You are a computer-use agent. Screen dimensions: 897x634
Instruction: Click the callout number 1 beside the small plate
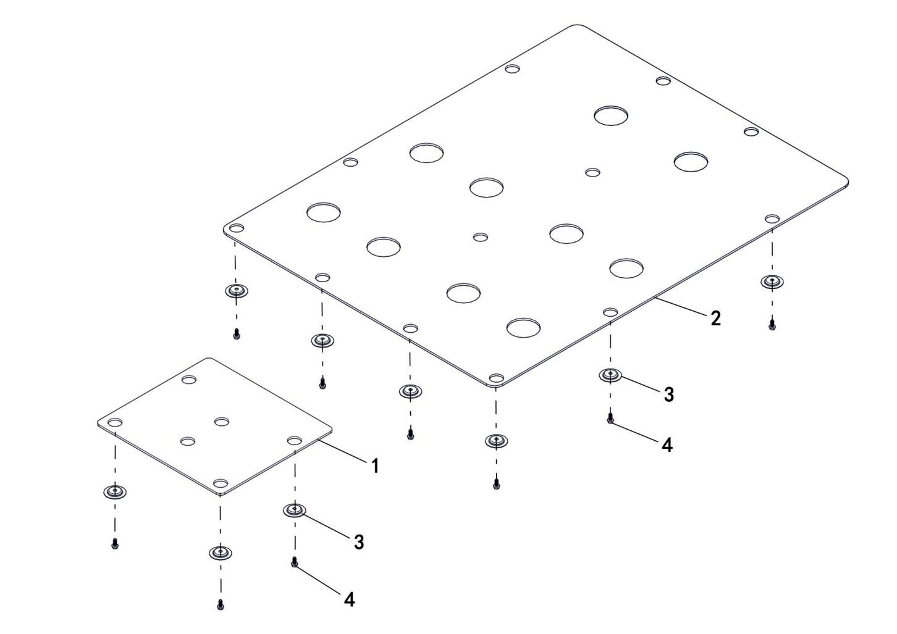coord(375,465)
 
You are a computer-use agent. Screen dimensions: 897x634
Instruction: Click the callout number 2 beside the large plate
coord(715,318)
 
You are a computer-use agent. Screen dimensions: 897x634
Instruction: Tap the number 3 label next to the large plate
coord(669,394)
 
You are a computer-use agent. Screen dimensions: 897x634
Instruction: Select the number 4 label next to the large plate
coord(667,445)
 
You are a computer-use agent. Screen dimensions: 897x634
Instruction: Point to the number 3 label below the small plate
coord(359,542)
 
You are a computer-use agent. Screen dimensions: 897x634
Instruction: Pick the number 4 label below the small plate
coord(349,599)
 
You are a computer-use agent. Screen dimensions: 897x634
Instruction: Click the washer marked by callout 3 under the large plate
coord(610,375)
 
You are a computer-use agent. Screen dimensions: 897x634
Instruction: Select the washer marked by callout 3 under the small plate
coord(294,510)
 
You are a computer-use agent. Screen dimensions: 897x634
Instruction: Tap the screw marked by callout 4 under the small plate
coord(294,562)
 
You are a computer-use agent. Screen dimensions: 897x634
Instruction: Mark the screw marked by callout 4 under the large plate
coord(610,419)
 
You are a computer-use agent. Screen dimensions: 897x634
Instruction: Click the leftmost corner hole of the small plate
coord(115,422)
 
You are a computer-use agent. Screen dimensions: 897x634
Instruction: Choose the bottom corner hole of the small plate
coord(220,483)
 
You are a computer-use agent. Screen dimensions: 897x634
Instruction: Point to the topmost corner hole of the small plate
coord(188,379)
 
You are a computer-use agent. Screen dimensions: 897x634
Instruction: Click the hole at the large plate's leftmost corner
coord(237,228)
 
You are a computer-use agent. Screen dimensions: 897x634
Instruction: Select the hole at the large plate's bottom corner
coord(496,378)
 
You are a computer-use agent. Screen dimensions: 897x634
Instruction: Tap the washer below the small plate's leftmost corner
coord(115,491)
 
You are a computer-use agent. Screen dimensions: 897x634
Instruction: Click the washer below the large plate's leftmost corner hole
coord(236,290)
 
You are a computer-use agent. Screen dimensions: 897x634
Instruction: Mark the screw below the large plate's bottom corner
coord(496,484)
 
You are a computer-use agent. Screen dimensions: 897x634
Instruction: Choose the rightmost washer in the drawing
coord(772,282)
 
